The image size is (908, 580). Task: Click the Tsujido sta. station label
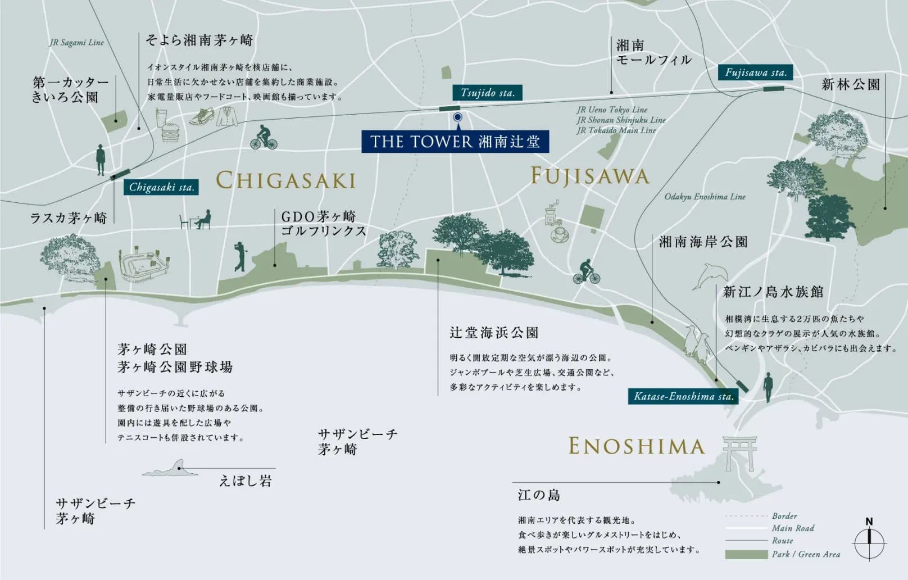[487, 93]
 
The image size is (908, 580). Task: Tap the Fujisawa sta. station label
[755, 72]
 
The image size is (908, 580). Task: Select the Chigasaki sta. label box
[161, 187]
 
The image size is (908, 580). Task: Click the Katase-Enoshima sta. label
[683, 396]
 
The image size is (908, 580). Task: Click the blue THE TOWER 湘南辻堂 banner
[455, 142]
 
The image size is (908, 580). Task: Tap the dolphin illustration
[711, 277]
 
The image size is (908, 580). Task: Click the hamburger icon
[170, 134]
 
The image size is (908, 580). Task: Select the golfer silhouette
[240, 257]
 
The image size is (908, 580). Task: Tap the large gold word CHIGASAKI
[285, 180]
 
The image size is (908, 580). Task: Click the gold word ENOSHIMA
[636, 446]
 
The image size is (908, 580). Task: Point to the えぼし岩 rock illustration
[171, 469]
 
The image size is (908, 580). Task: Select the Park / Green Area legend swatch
[746, 555]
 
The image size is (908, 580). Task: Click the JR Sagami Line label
[76, 42]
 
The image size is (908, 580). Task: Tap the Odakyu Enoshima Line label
[705, 197]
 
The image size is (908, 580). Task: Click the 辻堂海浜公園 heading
[494, 333]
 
